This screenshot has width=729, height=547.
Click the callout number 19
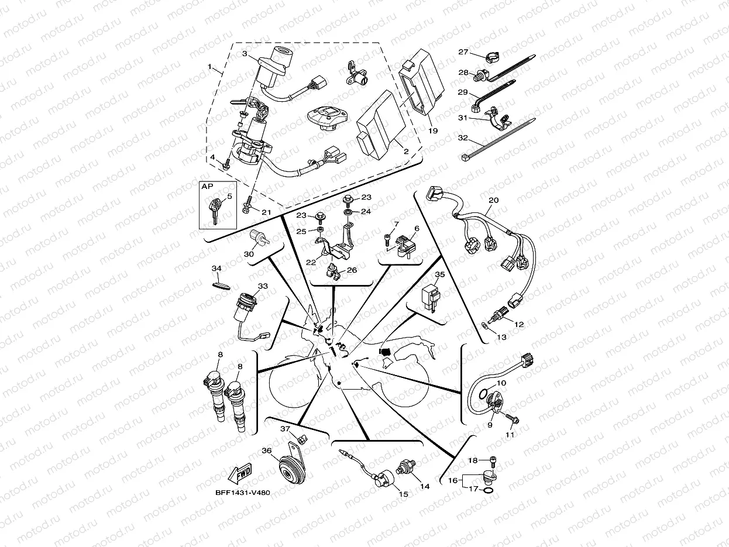click(x=432, y=131)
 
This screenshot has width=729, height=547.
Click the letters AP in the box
click(x=207, y=186)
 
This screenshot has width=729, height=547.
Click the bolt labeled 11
click(x=514, y=419)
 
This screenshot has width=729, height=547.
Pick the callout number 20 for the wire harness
click(x=493, y=201)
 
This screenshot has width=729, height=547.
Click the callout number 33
click(x=263, y=286)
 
